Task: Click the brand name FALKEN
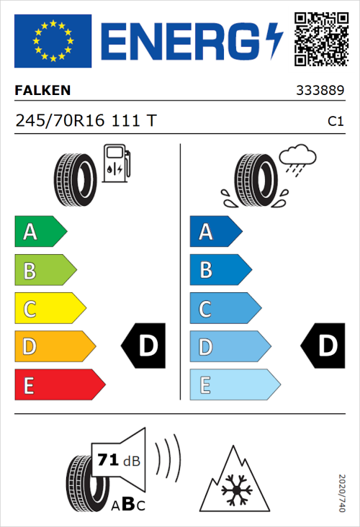(43, 91)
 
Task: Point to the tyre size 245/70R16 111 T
(86, 121)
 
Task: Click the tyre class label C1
(335, 122)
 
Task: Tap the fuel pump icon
(116, 163)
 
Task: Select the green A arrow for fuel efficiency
(40, 232)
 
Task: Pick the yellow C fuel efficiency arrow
(49, 308)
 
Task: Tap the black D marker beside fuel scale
(144, 346)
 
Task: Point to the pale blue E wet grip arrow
(233, 384)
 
